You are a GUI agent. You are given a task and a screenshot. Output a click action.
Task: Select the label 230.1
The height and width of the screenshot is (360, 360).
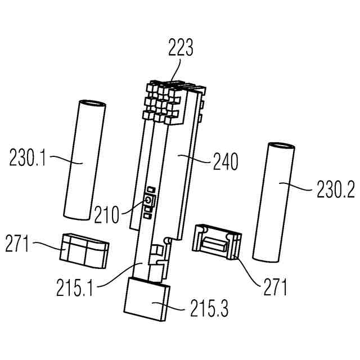point(28,159)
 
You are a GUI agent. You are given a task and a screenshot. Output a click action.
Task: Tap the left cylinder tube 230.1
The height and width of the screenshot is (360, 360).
point(82,163)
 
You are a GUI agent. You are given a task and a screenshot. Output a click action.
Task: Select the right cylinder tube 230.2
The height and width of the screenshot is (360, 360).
point(273,202)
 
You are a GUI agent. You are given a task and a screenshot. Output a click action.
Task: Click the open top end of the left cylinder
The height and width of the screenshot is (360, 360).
point(91,105)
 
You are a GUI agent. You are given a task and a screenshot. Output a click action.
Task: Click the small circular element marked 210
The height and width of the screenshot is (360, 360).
point(148,200)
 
